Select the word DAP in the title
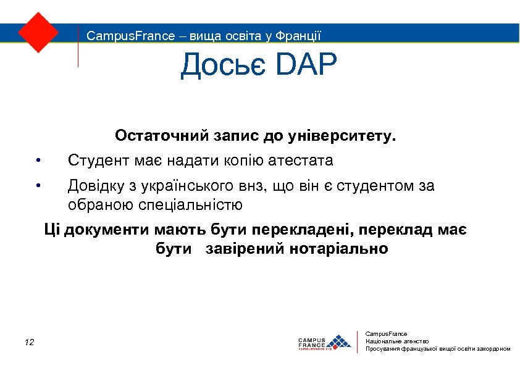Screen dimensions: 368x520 [x=304, y=66]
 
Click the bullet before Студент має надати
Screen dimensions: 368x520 [x=38, y=162]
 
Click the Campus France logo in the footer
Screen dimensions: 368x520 [x=324, y=342]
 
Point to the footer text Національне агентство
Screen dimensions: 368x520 [x=397, y=341]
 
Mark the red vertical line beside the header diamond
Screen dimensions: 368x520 [x=78, y=46]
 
